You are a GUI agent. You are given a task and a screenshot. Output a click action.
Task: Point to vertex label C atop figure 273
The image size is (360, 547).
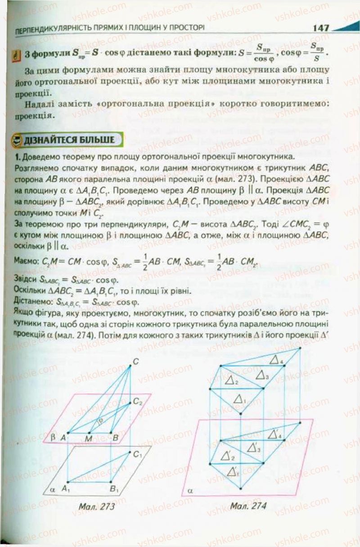135,360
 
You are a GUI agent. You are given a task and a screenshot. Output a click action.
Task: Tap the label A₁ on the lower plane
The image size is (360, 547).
67,487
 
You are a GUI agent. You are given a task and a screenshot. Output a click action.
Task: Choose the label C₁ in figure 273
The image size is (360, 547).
138,454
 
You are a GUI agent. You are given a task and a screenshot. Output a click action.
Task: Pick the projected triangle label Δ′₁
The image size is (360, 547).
233,471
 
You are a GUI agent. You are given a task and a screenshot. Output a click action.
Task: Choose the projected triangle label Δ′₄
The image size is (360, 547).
274,435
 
